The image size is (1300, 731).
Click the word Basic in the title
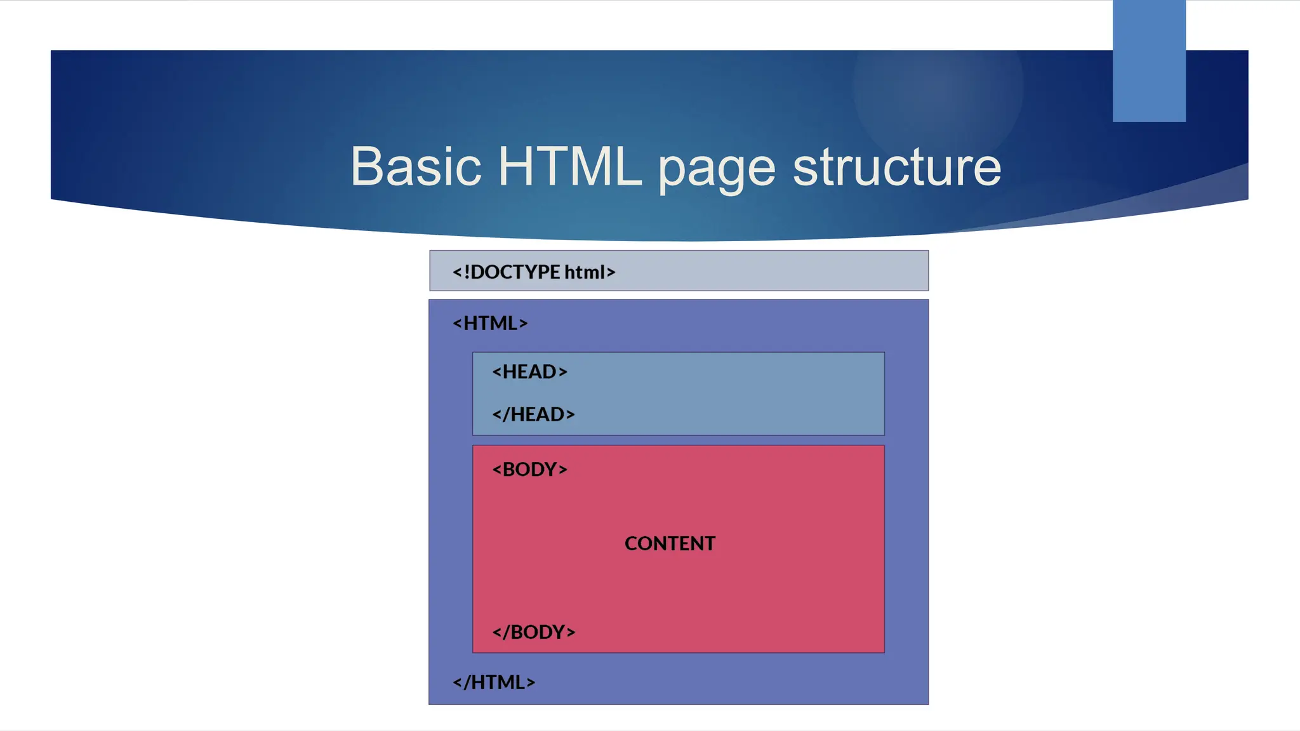[416, 167]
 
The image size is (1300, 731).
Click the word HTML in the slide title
[569, 167]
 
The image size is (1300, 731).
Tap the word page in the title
[716, 170]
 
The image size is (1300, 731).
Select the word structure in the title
[896, 167]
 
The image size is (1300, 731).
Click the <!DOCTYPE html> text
[533, 272]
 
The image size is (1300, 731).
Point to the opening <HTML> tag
[489, 324]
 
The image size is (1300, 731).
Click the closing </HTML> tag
[493, 683]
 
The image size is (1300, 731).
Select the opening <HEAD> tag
[529, 372]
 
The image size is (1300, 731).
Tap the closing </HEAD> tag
[533, 414]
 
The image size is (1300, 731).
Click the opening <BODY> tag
[529, 470]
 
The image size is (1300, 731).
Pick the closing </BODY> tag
[533, 633]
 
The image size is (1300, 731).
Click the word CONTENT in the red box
[670, 544]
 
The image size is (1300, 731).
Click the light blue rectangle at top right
[1148, 60]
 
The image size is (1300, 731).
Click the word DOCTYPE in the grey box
[515, 272]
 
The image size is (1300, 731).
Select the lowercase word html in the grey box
[585, 272]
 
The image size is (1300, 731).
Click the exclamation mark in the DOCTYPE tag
[467, 272]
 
